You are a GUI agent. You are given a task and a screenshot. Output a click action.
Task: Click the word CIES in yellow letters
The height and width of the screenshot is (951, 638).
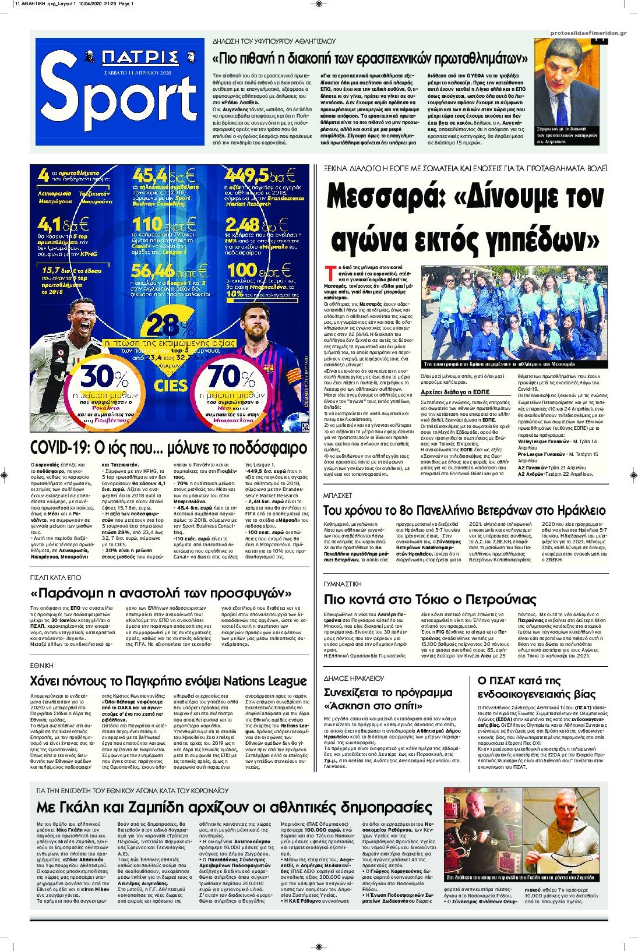tap(170, 385)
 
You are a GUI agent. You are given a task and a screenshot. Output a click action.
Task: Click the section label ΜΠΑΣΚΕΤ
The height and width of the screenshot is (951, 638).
tap(338, 496)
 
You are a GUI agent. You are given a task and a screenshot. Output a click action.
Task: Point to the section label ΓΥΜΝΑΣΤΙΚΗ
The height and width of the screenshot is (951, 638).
tap(343, 584)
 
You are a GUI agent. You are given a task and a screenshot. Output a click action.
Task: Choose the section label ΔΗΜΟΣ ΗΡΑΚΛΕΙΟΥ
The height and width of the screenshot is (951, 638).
tap(354, 678)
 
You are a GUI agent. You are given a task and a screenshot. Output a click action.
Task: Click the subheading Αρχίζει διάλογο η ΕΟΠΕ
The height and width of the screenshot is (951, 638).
tap(455, 393)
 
